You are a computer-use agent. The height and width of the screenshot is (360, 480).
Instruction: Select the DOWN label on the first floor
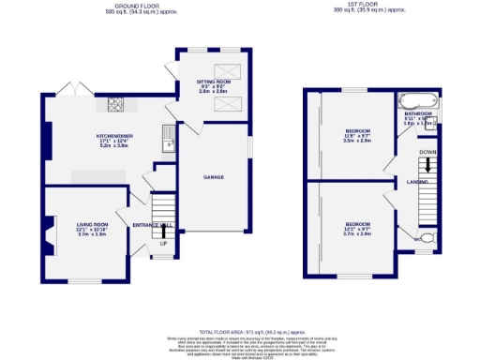(427, 151)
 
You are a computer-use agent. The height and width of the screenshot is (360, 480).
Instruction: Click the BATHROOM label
(418, 113)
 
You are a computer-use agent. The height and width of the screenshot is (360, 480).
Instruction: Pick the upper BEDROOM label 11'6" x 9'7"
(357, 130)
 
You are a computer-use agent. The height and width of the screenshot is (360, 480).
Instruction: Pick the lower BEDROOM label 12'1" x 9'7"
(357, 225)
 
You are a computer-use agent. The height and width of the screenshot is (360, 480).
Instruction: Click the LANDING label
(418, 182)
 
